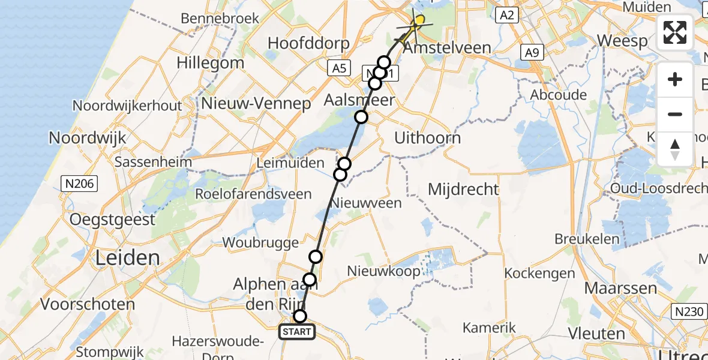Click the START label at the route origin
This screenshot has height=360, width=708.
[x=297, y=332]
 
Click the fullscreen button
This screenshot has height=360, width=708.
[x=675, y=32]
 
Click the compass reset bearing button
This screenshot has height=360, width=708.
[x=675, y=149]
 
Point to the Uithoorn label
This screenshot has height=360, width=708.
[x=427, y=138]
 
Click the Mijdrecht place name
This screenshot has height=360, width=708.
[x=463, y=190]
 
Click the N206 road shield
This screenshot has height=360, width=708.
[x=79, y=184]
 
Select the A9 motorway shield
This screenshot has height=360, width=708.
[x=532, y=52]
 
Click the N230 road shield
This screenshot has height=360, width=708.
[x=688, y=311]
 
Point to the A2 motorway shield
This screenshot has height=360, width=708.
[x=507, y=16]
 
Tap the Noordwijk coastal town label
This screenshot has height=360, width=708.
[x=88, y=138]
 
